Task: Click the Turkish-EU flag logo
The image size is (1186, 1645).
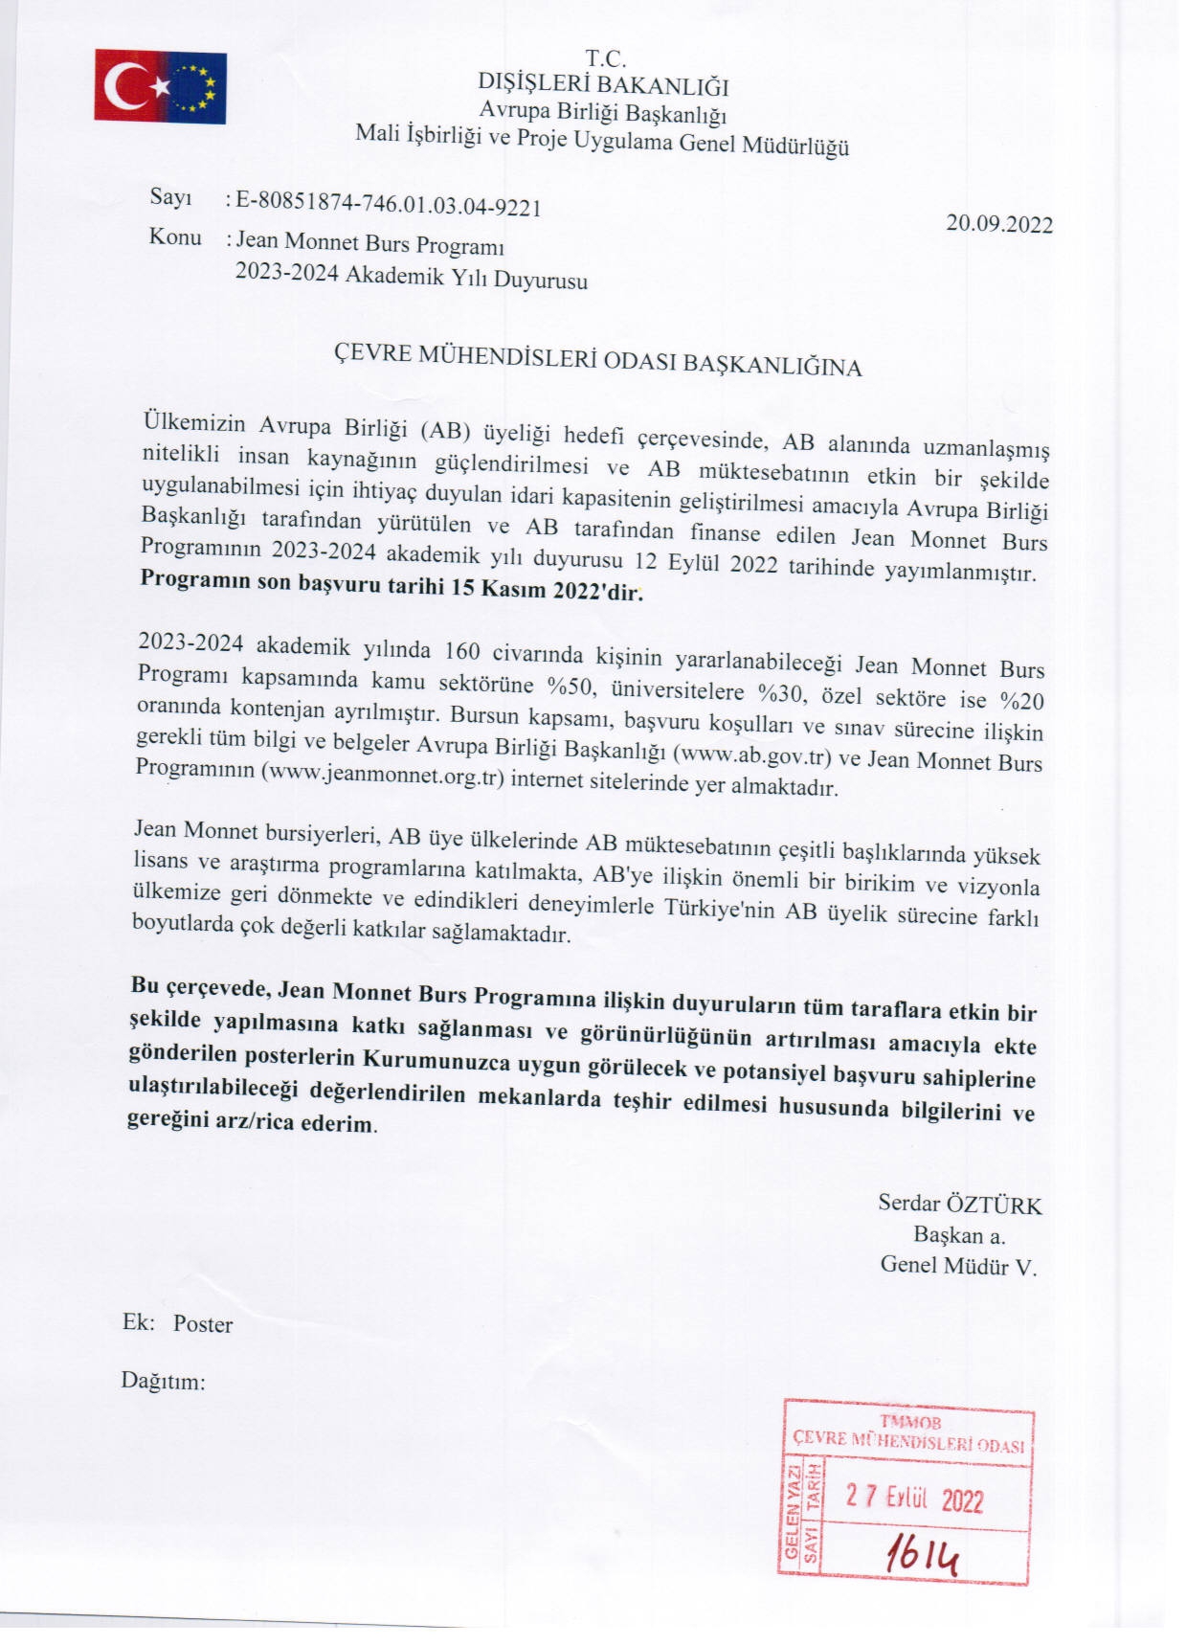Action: [160, 86]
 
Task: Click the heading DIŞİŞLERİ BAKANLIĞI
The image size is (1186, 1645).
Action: [603, 86]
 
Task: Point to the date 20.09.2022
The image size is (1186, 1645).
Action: [999, 225]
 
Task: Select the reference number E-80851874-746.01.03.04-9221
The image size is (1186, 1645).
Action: [389, 205]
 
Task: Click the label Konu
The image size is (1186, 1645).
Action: [175, 237]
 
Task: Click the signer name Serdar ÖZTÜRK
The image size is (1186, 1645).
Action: [959, 1205]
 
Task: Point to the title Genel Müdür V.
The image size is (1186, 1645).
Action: [958, 1266]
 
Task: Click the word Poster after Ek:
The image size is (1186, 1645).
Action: [203, 1324]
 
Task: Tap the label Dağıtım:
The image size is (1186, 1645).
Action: [163, 1381]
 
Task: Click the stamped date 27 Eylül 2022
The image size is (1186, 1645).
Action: [914, 1498]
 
